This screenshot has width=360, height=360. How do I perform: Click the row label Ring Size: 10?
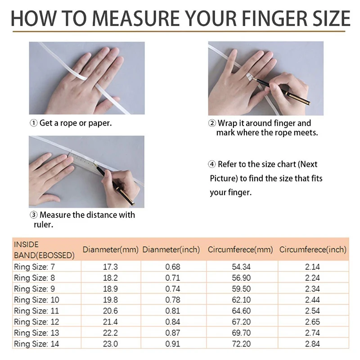(x=36, y=300)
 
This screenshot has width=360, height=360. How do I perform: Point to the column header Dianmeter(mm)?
(x=111, y=249)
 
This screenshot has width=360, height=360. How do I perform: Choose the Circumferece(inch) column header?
(x=313, y=249)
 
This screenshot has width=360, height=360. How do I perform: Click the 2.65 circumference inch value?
(x=313, y=322)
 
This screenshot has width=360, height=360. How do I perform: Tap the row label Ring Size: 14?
(x=36, y=344)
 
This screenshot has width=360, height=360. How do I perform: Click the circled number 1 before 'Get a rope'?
(x=34, y=123)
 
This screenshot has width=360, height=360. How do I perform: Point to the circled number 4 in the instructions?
(x=212, y=164)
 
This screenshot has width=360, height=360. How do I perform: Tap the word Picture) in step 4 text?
(x=223, y=179)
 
